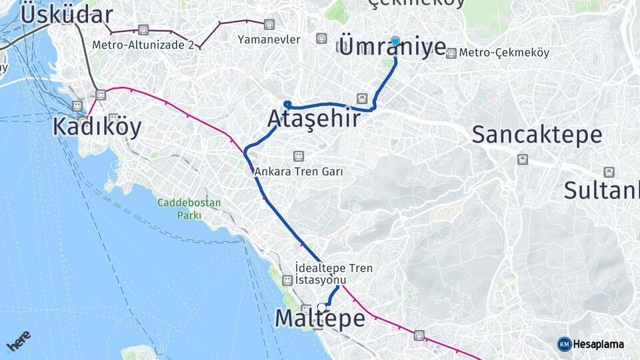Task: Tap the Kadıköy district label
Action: (97, 127)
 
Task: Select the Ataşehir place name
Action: (313, 119)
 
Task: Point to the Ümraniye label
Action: (393, 47)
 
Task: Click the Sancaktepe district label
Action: (537, 135)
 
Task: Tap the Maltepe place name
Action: (320, 319)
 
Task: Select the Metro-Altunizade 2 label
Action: (143, 45)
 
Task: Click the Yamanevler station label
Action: (269, 39)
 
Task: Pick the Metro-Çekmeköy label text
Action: (494, 53)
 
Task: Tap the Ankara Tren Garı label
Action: (299, 171)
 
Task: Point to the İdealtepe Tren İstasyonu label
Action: (333, 273)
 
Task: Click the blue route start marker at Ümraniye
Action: (395, 41)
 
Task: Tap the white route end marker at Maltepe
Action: (323, 307)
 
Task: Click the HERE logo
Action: (18, 341)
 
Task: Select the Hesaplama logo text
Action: (598, 344)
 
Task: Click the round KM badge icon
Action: (564, 344)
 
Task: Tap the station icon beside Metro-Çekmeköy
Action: (451, 53)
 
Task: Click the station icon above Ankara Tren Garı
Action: (299, 156)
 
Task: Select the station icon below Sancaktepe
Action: (522, 159)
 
